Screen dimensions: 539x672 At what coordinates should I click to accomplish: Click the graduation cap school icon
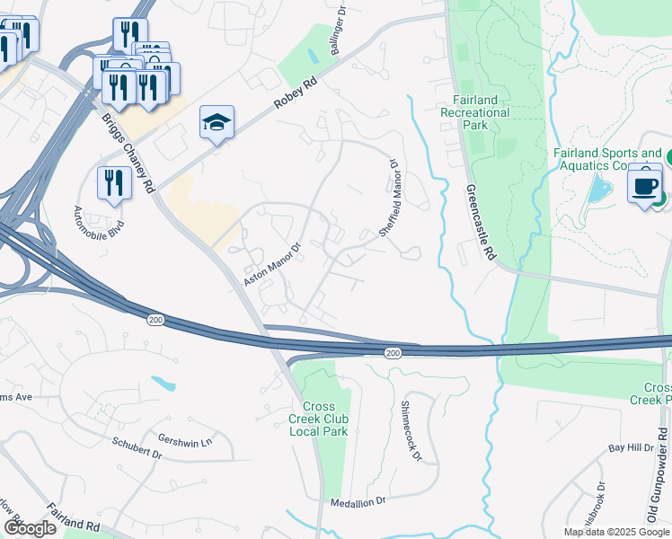pyautogui.click(x=217, y=123)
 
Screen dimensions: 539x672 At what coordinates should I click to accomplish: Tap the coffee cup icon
pyautogui.click(x=644, y=186)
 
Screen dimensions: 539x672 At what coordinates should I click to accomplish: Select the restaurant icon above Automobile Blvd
pyautogui.click(x=112, y=183)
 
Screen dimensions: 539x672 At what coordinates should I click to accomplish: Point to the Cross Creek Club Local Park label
pyautogui.click(x=318, y=419)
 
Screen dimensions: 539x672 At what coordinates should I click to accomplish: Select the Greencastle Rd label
pyautogui.click(x=481, y=223)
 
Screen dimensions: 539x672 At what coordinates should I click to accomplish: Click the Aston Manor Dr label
pyautogui.click(x=271, y=261)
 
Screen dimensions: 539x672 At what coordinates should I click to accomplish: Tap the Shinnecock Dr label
pyautogui.click(x=411, y=430)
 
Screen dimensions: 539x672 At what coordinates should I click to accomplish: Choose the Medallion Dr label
pyautogui.click(x=357, y=502)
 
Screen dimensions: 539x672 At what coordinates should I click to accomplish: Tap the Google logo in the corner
pyautogui.click(x=30, y=528)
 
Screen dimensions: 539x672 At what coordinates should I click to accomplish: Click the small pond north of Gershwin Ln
pyautogui.click(x=163, y=384)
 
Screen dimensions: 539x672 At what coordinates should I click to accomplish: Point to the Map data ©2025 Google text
pyautogui.click(x=616, y=532)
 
